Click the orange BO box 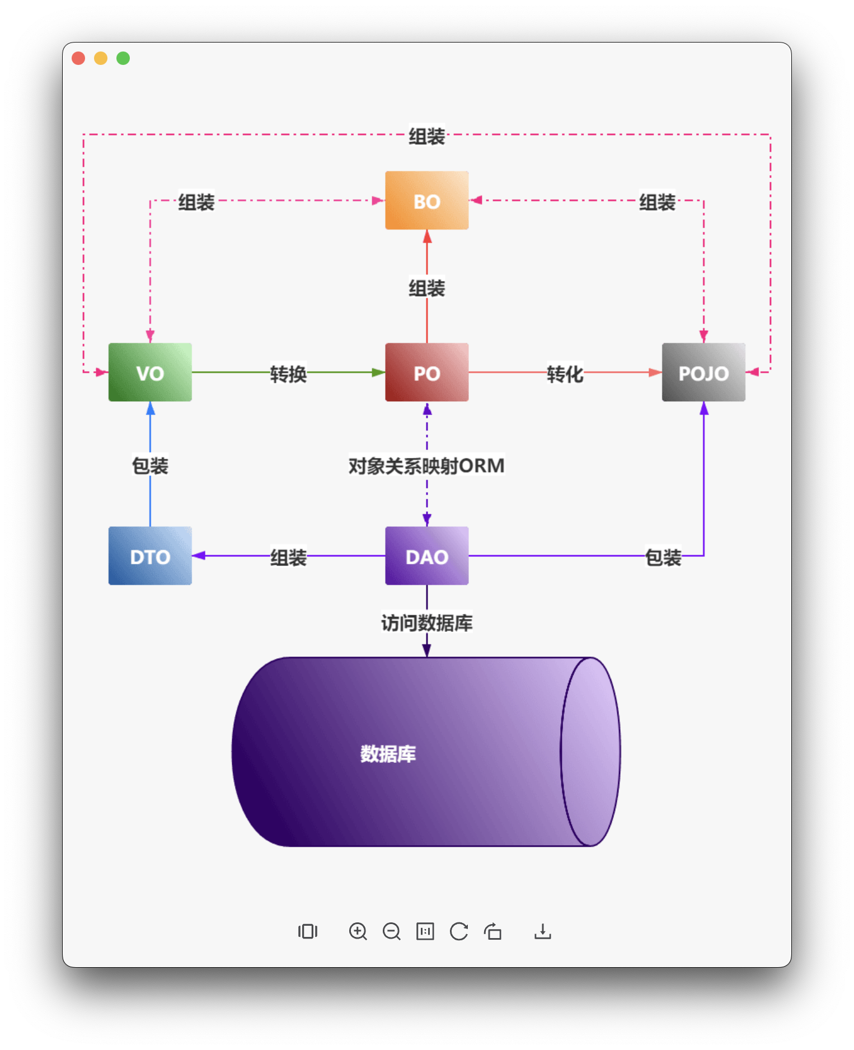[426, 200]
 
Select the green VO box [150, 372]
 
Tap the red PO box [426, 372]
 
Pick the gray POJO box [703, 372]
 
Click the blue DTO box [150, 556]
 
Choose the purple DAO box [426, 556]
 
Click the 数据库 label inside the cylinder [388, 754]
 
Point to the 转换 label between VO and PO [288, 374]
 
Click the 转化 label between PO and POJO [565, 374]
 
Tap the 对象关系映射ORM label [426, 466]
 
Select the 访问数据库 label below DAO [427, 622]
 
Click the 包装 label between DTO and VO [150, 466]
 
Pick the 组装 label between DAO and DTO [288, 557]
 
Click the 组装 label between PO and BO [426, 289]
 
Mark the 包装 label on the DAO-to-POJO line [663, 557]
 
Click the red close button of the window [78, 58]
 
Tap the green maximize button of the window [123, 58]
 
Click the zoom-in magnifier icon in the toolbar [358, 931]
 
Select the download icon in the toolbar [542, 931]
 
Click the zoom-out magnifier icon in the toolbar [391, 931]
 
